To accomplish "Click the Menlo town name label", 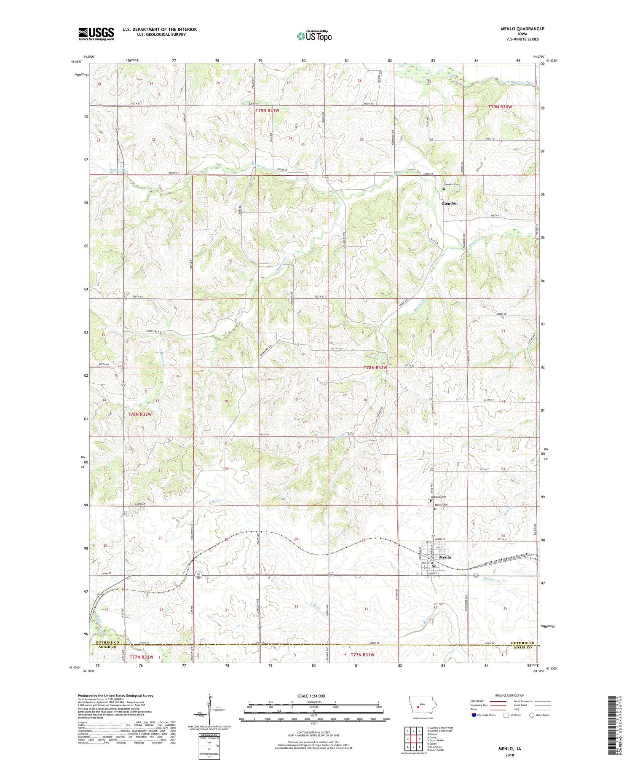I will point(445,557).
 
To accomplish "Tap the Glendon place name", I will point(449,203).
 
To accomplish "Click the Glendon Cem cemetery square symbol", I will point(444,189).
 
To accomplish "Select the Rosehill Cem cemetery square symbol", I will point(429,501).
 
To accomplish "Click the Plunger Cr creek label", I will point(493,580).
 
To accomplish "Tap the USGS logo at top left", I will point(96,34).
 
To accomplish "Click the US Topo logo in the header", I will point(314,36).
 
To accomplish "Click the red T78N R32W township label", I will point(139,414).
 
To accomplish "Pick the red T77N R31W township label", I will point(359,654).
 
